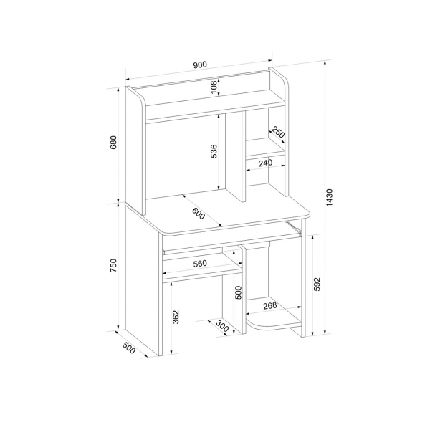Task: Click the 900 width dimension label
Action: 200,64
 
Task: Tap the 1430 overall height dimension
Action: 330,197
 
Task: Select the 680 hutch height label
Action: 113,142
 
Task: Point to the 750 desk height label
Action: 113,265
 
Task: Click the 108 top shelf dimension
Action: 214,87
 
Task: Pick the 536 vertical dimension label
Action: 214,151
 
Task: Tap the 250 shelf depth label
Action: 278,132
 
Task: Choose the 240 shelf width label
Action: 265,163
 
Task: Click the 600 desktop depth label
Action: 199,214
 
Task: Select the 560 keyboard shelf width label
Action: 200,264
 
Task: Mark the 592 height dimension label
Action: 317,285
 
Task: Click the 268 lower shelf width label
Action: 270,305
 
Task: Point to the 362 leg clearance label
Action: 176,317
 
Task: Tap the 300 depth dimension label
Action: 222,326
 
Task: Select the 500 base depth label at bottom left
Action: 128,348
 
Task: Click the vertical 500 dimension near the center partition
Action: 239,292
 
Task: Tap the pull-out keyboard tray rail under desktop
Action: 293,228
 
